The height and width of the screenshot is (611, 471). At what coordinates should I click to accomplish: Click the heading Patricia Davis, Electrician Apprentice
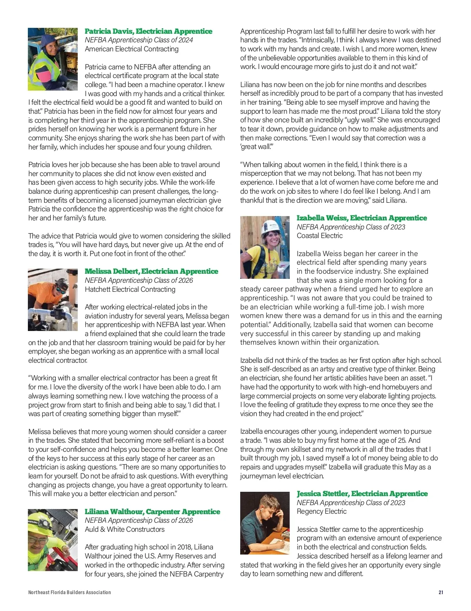[148, 31]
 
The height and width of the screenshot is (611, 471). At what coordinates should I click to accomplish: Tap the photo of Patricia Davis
[53, 59]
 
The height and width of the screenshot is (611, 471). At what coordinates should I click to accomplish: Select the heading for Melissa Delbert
[151, 271]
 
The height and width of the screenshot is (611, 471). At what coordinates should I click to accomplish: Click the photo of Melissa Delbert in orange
[53, 300]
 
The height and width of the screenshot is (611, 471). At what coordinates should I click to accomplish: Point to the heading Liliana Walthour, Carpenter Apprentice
[152, 512]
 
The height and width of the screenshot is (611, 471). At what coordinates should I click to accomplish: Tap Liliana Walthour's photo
[53, 540]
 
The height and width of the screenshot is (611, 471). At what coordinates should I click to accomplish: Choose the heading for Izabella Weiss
[361, 218]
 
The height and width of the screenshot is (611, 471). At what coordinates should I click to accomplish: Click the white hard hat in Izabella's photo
[270, 226]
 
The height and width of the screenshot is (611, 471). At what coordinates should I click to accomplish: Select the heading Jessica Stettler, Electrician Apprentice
[362, 494]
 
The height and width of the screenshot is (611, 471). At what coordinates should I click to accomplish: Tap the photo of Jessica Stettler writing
[265, 523]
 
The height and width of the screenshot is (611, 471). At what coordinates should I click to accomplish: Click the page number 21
[441, 592]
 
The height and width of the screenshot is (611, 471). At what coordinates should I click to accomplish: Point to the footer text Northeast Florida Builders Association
[69, 592]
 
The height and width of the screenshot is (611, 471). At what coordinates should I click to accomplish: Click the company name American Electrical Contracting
[131, 49]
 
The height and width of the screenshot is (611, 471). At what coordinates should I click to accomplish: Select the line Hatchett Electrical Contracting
[130, 289]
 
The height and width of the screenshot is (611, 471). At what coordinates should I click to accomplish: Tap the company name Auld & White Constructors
[124, 529]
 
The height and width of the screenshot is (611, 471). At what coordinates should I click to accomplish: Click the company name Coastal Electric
[319, 236]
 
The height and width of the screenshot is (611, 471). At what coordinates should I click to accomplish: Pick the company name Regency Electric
[321, 511]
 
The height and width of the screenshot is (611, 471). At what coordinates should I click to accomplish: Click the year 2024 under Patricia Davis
[184, 40]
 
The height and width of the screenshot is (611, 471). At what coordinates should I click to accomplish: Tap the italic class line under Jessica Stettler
[351, 503]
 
